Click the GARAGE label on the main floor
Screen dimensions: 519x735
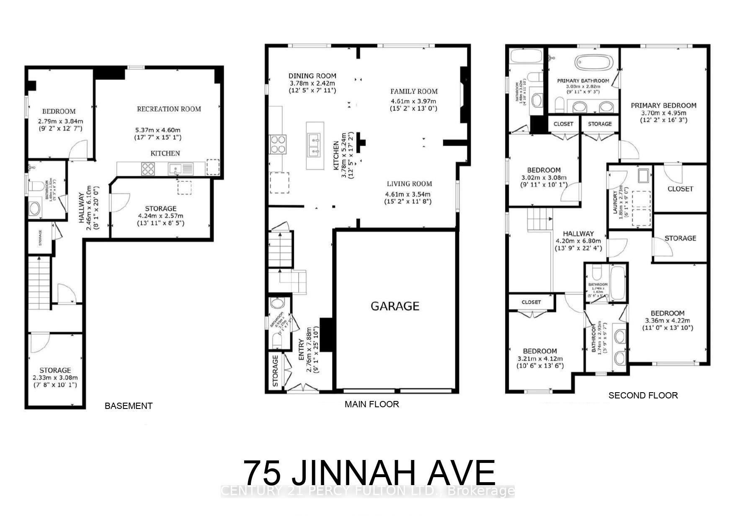tap(395, 306)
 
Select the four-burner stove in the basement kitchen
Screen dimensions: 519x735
tap(148, 169)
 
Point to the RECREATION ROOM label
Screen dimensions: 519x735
tap(169, 109)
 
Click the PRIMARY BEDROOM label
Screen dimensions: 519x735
tap(663, 105)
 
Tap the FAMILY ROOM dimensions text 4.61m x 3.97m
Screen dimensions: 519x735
tap(413, 101)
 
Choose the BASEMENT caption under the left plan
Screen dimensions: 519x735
tap(128, 406)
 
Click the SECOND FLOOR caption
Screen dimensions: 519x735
tap(642, 395)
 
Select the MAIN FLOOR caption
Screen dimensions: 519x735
tap(371, 404)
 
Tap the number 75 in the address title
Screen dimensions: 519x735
tap(262, 473)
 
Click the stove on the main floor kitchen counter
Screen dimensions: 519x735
tap(278, 144)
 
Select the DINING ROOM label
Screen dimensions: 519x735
tap(312, 76)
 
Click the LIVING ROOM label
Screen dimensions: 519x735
tap(409, 184)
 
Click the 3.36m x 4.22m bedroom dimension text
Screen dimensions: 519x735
tap(667, 321)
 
